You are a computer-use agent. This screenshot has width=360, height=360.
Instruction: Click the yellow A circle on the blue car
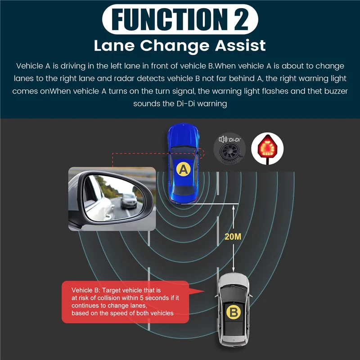coord(183,169)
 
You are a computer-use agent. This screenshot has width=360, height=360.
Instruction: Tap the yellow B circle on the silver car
coord(233,312)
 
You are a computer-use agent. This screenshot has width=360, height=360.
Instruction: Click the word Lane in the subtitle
coord(112,45)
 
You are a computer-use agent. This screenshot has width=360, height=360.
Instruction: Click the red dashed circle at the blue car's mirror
coord(200,153)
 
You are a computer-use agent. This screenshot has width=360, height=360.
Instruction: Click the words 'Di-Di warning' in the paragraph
coord(204,103)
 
